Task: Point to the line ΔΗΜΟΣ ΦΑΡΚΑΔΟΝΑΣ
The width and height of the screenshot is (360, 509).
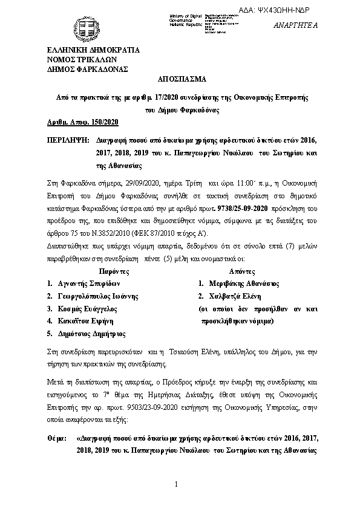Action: [x=87, y=69]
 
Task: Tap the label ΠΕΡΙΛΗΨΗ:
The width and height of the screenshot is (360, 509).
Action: [x=68, y=139]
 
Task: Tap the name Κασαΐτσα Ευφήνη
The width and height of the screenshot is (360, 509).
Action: [x=83, y=321]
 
